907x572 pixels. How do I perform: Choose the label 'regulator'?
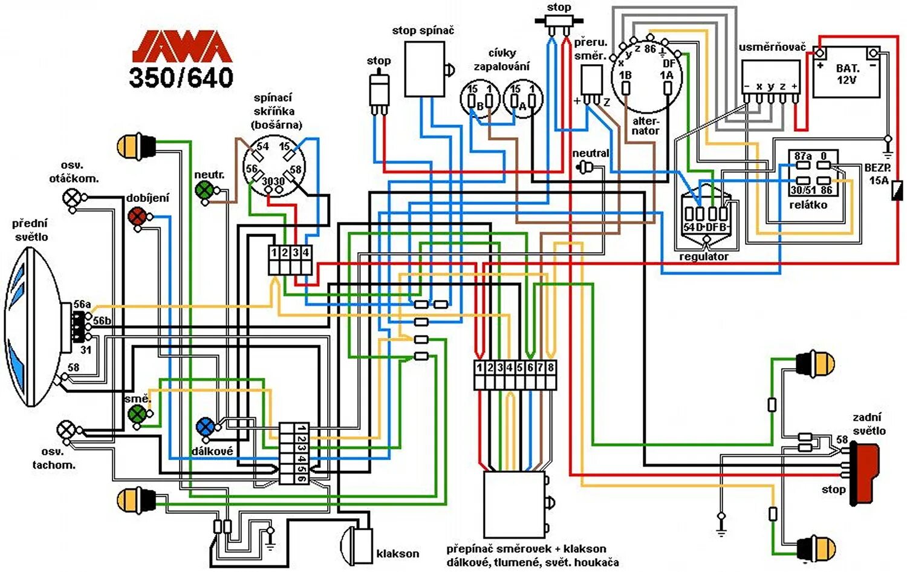click(x=704, y=256)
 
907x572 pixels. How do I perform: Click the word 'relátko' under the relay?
click(x=808, y=205)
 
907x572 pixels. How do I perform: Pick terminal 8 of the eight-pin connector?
click(x=550, y=368)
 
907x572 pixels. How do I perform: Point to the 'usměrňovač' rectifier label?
click(x=772, y=47)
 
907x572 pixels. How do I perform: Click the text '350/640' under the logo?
click(x=181, y=77)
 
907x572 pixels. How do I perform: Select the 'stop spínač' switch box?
click(x=424, y=70)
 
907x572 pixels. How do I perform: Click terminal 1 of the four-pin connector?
click(x=274, y=253)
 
